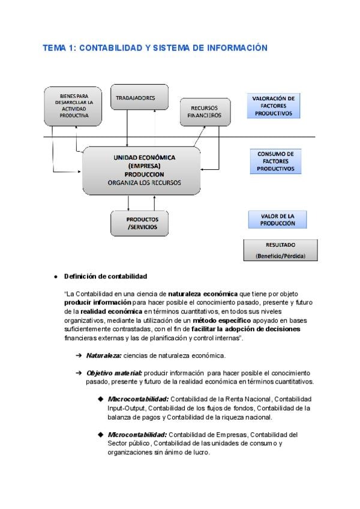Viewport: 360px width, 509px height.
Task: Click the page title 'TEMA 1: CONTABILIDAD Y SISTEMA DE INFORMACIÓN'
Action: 155,48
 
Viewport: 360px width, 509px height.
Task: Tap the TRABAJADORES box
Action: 139,97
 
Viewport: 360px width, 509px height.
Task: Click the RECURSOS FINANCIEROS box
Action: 205,112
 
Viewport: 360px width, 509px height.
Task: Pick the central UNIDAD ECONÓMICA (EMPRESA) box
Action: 142,170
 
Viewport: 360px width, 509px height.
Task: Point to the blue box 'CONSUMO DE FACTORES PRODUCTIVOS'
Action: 275,161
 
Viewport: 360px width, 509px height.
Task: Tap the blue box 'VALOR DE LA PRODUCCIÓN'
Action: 278,219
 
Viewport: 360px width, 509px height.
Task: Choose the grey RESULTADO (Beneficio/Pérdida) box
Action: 280,250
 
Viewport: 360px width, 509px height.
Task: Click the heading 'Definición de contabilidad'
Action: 105,276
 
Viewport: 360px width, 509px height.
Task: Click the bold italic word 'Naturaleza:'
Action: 104,355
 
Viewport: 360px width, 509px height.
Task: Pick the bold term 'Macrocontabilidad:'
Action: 138,399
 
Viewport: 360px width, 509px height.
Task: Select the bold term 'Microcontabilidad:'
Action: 137,435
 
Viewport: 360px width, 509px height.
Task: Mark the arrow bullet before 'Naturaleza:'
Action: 79,355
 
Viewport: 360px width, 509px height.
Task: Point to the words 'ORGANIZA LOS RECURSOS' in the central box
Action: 144,182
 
